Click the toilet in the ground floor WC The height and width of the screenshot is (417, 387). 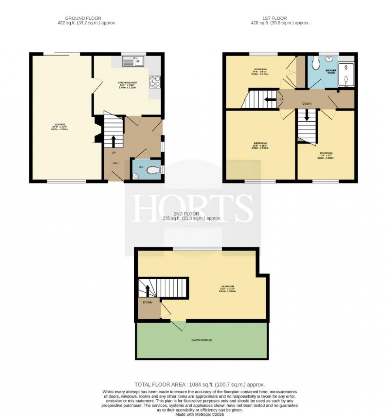click(x=152, y=170)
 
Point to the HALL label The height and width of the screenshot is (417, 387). click(x=116, y=163)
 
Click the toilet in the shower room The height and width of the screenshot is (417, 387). click(x=315, y=63)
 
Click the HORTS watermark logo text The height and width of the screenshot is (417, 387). click(x=193, y=208)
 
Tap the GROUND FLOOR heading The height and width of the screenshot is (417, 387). click(x=83, y=18)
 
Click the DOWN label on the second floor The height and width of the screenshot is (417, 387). click(x=148, y=302)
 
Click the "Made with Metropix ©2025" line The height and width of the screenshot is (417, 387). click(x=193, y=413)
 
